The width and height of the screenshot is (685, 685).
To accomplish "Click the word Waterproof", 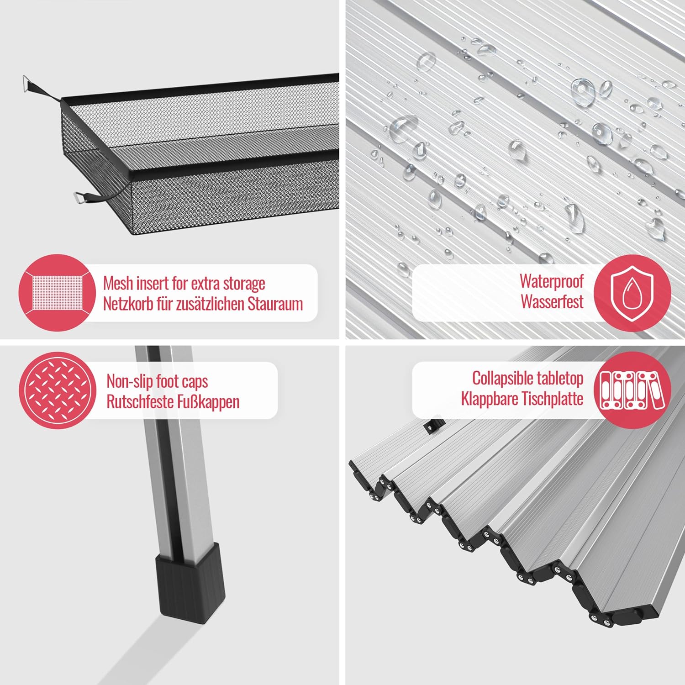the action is (x=552, y=282).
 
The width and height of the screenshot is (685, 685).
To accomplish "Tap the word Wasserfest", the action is (x=552, y=302).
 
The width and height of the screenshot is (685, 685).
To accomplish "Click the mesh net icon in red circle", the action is (x=57, y=292).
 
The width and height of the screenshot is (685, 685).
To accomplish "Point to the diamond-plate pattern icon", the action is (x=58, y=390).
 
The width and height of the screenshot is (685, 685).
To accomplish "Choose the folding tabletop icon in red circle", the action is (x=632, y=390).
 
